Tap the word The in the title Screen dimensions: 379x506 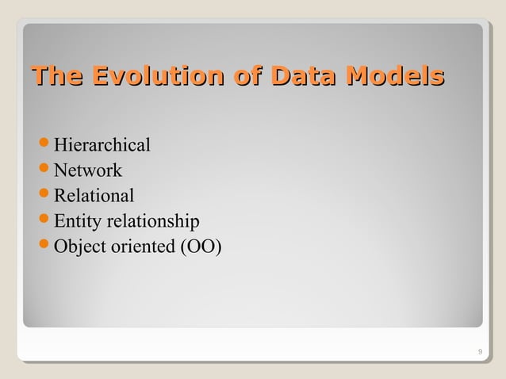click(x=57, y=78)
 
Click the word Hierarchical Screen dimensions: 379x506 click(x=102, y=145)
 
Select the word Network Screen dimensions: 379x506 click(x=87, y=170)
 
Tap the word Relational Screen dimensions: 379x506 click(x=94, y=196)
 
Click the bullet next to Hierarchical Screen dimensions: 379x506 click(x=44, y=146)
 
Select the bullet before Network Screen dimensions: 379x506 click(x=44, y=171)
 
